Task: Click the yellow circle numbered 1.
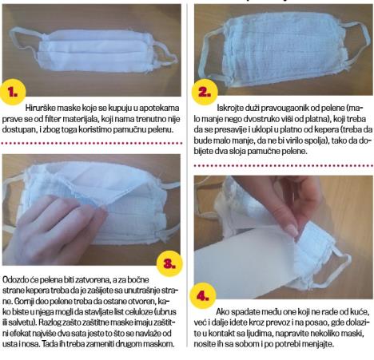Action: [13, 92]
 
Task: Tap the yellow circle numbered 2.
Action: [205, 92]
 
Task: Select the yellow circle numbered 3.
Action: [169, 263]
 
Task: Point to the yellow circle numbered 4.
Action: [203, 295]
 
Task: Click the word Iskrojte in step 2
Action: [229, 108]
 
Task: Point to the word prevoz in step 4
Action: [278, 322]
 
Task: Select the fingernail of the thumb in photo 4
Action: [291, 229]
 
